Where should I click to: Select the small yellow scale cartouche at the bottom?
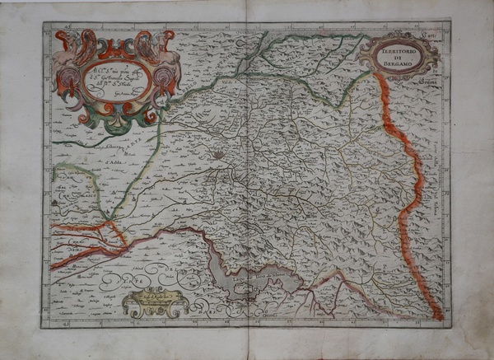154,302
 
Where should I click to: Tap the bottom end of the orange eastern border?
440,316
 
